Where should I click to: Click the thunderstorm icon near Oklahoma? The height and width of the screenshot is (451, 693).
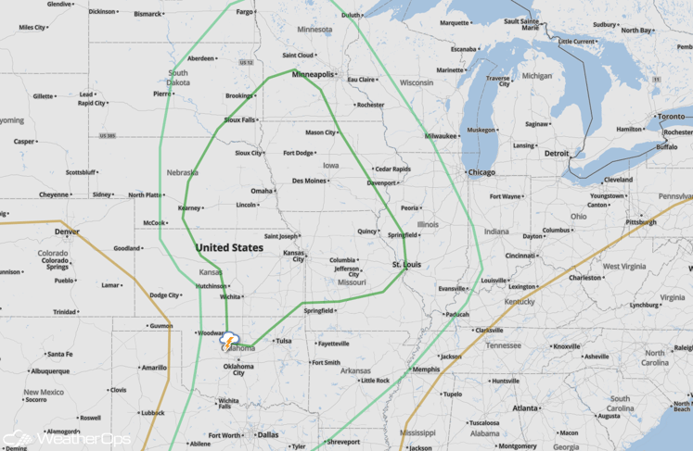click(x=229, y=341)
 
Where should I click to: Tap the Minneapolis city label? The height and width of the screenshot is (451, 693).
click(x=314, y=73)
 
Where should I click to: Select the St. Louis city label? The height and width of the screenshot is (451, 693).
click(x=406, y=265)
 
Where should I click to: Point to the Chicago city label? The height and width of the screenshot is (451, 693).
click(x=481, y=172)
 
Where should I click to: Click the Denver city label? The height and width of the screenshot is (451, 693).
click(x=67, y=232)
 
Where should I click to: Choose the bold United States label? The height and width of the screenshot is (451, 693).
click(x=229, y=248)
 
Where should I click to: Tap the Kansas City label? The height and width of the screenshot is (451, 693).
click(x=294, y=256)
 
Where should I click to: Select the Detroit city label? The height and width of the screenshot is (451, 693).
click(x=557, y=153)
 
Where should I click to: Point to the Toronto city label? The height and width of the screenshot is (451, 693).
click(x=672, y=118)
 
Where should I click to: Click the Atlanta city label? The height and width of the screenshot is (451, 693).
click(x=525, y=407)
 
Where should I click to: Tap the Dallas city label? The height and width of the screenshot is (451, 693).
click(x=268, y=434)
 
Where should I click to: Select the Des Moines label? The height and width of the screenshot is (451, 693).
click(x=309, y=181)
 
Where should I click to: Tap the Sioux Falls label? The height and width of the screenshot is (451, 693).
click(x=239, y=119)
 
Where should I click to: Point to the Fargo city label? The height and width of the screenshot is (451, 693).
click(x=246, y=12)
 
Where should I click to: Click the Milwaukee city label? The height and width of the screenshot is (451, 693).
click(x=442, y=136)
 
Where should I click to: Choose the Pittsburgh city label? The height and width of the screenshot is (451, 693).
click(x=641, y=222)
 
